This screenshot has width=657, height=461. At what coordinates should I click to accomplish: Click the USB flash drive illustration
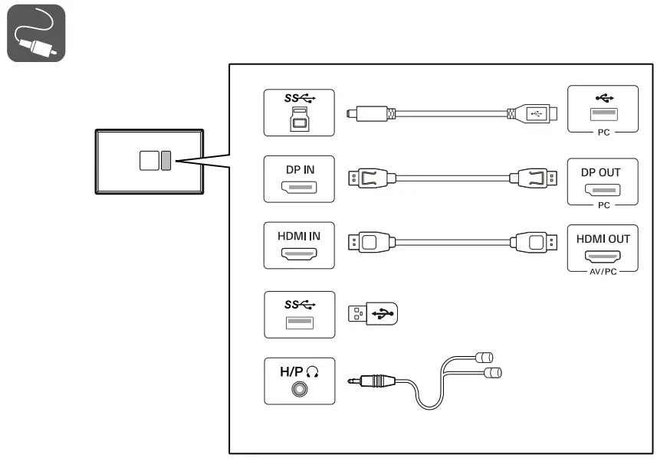(x=375, y=313)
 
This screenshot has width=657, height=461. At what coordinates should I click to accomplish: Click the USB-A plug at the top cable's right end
(x=537, y=113)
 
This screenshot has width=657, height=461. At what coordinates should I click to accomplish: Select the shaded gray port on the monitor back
(x=166, y=159)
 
